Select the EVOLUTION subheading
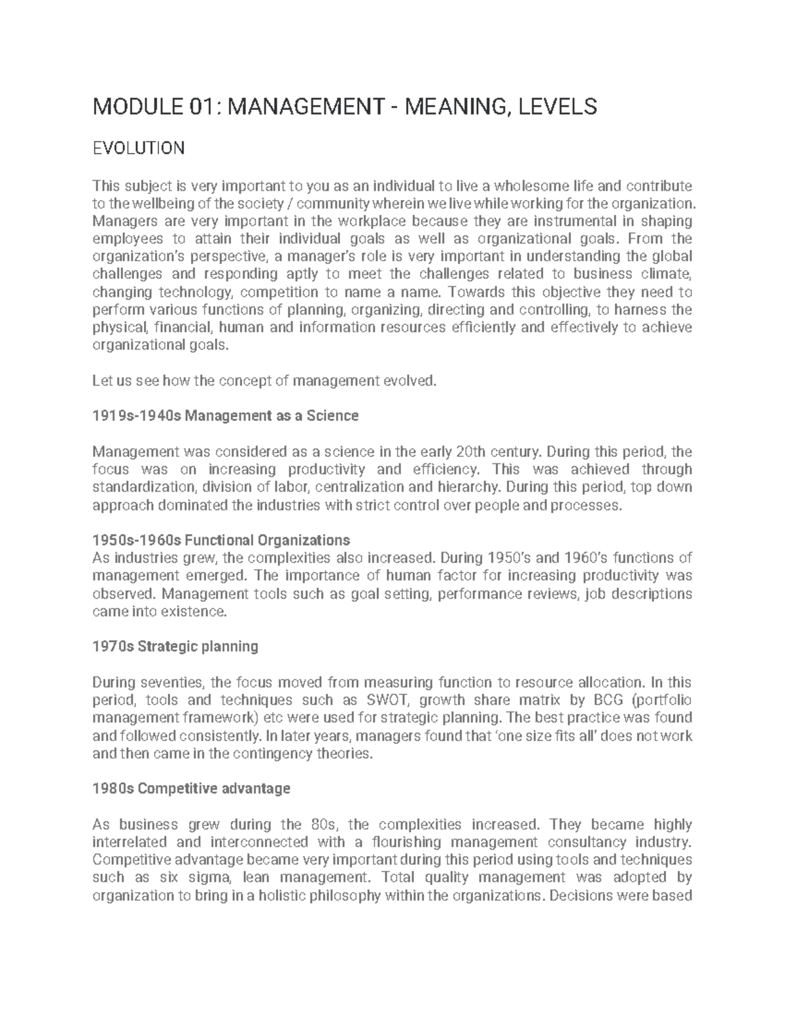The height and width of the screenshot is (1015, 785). pyautogui.click(x=139, y=148)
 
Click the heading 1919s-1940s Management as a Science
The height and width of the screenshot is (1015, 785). pyautogui.click(x=226, y=416)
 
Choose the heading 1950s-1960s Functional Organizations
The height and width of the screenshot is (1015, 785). pyautogui.click(x=221, y=541)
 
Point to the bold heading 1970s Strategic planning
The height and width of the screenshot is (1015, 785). pyautogui.click(x=175, y=647)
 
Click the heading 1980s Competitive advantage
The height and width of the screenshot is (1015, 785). pyautogui.click(x=192, y=789)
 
